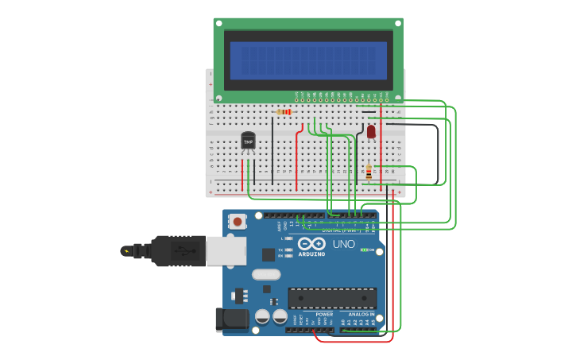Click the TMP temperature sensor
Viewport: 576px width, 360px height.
pos(248,141)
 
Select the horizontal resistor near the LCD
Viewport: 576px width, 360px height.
pos(284,112)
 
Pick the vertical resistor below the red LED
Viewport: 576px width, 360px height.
pos(369,172)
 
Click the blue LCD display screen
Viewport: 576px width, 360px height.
pos(308,60)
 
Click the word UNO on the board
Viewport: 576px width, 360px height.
pos(343,244)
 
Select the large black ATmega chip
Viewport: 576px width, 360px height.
pos(332,298)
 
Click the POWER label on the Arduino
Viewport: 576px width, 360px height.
pos(324,314)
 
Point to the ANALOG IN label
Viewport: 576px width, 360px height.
pos(361,314)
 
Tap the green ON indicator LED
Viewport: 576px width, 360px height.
pos(365,250)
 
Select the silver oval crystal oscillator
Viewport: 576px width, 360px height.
pos(266,275)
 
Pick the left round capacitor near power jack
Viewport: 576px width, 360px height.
pos(262,316)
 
